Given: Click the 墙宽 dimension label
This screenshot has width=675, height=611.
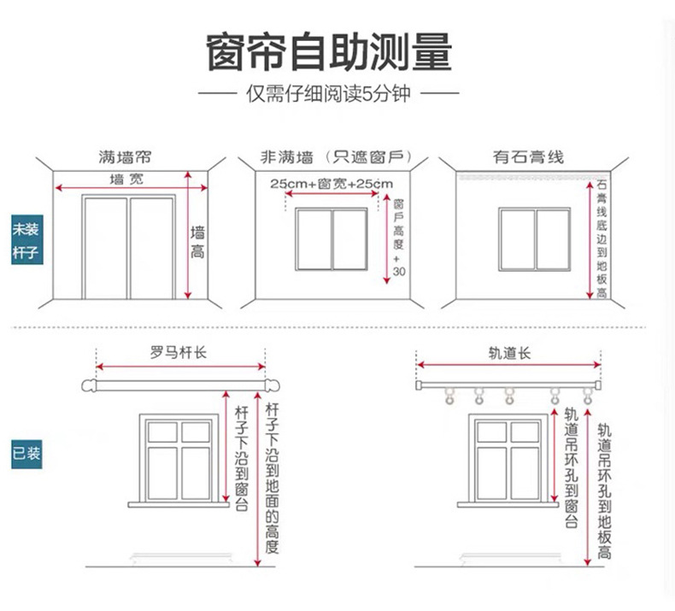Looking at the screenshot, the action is pos(127,178).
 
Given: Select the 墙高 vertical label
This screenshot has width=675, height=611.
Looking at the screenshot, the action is pos(197,242).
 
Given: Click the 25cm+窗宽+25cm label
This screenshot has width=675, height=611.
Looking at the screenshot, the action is pos(331,184).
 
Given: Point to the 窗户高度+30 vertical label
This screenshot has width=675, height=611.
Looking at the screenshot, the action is pos(399,238).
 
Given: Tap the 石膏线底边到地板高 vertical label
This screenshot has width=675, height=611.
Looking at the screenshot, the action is pos(602,239).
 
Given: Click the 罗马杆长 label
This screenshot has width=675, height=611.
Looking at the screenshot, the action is pos(179,352).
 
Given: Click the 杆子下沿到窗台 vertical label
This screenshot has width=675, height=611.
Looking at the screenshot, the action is pos(241,458).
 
